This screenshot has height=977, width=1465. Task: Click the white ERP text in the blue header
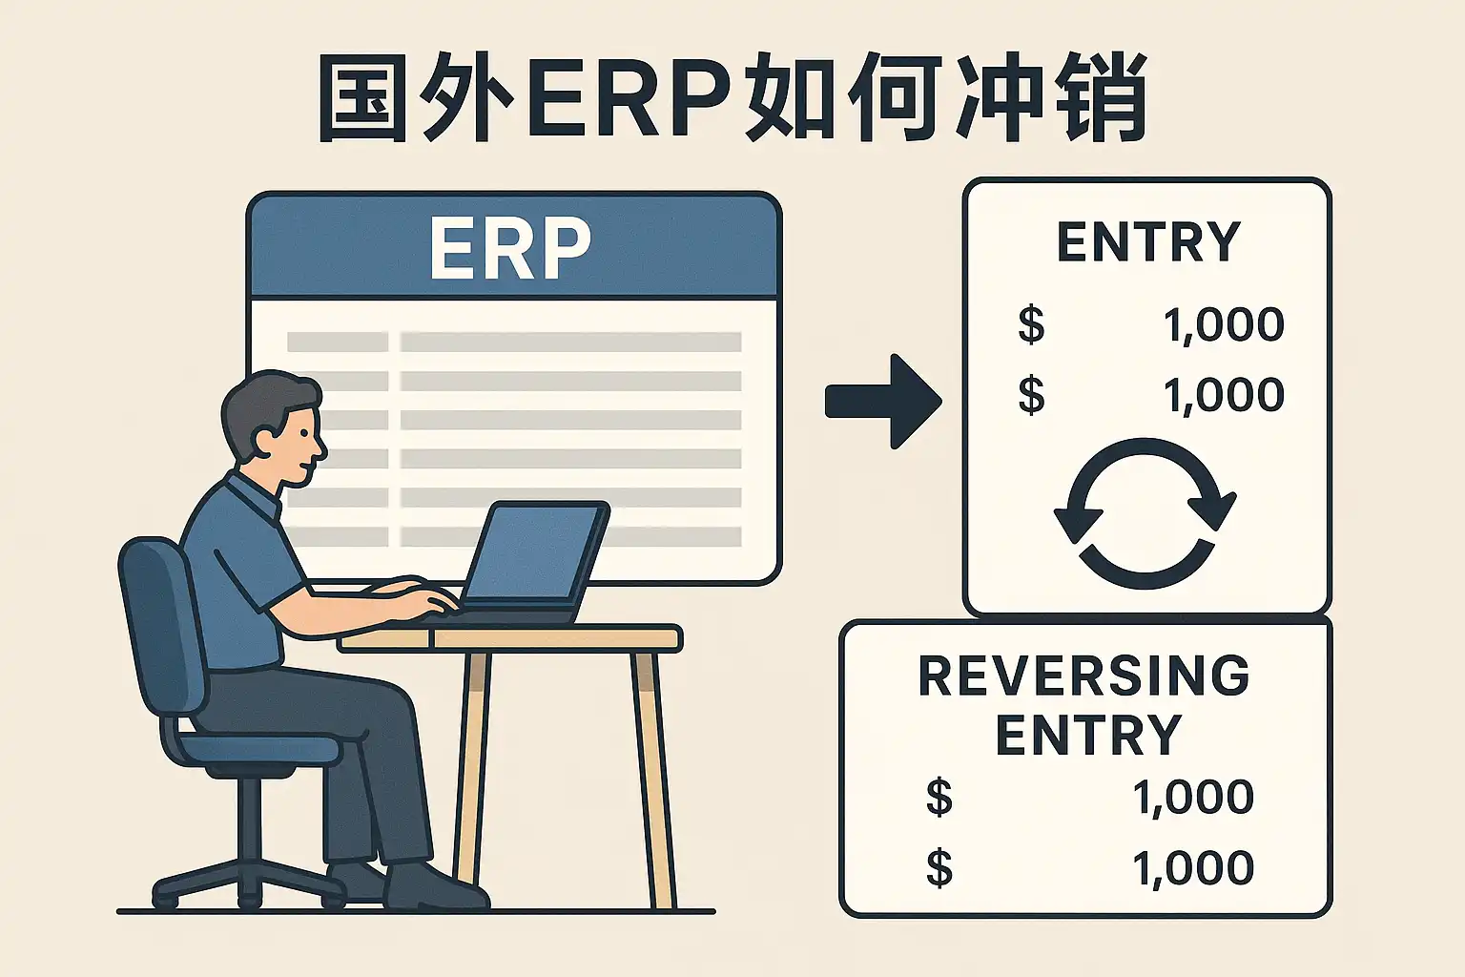(509, 247)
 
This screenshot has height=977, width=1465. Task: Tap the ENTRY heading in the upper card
(1148, 241)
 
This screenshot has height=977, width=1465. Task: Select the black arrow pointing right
(883, 401)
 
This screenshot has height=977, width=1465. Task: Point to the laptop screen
(533, 552)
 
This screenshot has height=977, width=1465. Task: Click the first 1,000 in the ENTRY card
(1224, 325)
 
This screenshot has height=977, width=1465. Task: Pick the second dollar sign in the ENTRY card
(1031, 395)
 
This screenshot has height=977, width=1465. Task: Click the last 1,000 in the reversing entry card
(1193, 868)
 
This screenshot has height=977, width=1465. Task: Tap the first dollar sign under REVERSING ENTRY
(939, 797)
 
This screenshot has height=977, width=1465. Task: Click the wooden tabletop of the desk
(510, 638)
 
